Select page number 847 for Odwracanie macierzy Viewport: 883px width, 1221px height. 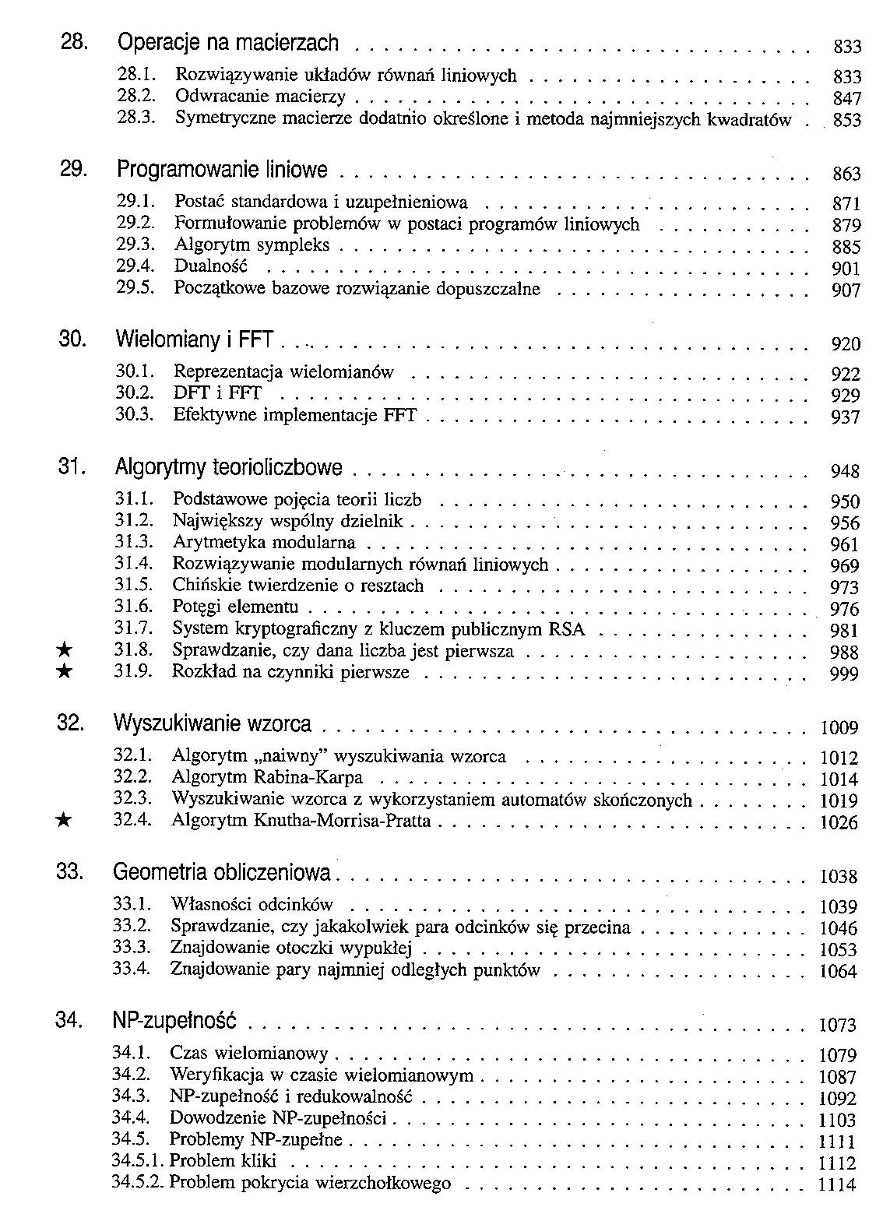click(846, 99)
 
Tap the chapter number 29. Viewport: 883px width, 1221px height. click(72, 169)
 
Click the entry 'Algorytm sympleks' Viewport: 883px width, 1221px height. click(252, 246)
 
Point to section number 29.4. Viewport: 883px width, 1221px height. click(132, 267)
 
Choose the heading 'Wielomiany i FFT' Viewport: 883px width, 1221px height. click(199, 340)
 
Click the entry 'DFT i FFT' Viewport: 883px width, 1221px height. click(217, 394)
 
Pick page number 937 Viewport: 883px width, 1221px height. click(845, 417)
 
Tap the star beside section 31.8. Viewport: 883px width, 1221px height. click(66, 651)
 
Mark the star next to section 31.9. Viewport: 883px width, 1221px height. click(66, 672)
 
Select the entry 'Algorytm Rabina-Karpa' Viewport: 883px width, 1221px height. click(267, 778)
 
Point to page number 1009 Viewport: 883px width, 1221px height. click(839, 729)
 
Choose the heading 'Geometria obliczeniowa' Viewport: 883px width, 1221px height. click(222, 872)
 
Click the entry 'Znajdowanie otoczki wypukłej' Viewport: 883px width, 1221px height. click(290, 949)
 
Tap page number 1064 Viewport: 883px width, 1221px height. click(838, 972)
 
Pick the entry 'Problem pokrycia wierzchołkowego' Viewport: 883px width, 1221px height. click(310, 1184)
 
